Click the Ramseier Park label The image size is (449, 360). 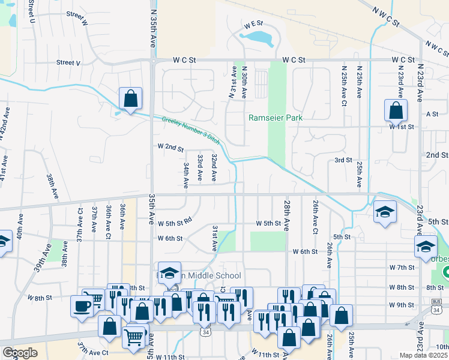[x=276, y=118]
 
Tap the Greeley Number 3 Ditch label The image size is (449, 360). [x=191, y=129]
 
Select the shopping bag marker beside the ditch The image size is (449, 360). [x=130, y=99]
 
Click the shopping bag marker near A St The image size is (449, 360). [x=396, y=111]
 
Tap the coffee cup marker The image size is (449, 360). [x=82, y=305]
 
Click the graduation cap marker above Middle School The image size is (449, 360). [x=169, y=273]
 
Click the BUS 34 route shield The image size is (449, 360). [x=436, y=307]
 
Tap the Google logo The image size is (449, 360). [x=20, y=352]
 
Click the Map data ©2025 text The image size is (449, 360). [x=423, y=355]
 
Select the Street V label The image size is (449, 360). [x=68, y=62]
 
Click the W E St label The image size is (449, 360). [x=253, y=24]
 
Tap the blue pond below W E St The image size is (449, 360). [x=258, y=38]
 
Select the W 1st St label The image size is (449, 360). [x=402, y=127]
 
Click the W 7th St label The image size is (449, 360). [x=402, y=266]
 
